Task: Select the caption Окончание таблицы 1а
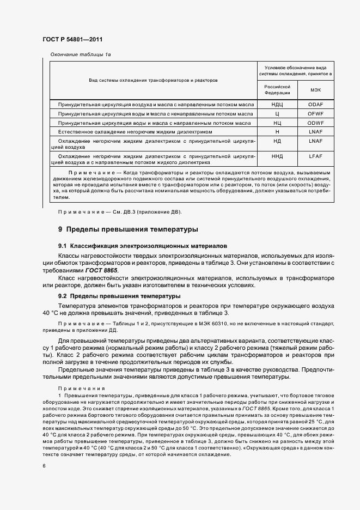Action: tap(81, 55)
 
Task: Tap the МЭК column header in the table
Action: tap(315, 90)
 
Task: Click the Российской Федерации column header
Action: tap(277, 89)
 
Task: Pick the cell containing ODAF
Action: tap(315, 105)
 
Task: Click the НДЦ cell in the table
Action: tap(277, 105)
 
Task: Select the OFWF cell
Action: tap(315, 114)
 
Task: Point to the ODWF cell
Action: tap(315, 123)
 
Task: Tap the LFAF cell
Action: tap(315, 156)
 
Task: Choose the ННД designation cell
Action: tap(277, 156)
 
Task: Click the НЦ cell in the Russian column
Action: tap(277, 123)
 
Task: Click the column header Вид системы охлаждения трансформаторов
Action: tap(153, 80)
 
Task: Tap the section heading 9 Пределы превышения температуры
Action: tap(128, 229)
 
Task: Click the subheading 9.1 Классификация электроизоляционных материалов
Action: tap(139, 246)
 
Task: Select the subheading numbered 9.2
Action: tap(119, 296)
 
